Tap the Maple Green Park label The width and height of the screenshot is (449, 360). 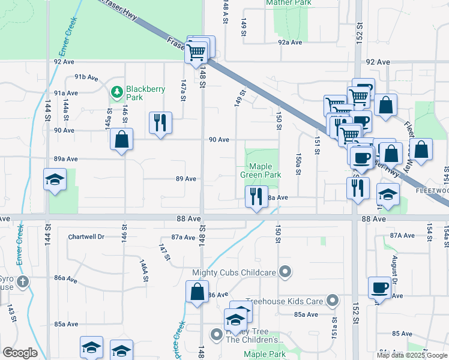261,171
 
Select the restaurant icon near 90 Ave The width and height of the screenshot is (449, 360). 160,122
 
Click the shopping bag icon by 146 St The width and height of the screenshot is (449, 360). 122,139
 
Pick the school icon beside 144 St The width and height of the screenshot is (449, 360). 55,179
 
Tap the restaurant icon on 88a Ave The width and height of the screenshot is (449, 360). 256,196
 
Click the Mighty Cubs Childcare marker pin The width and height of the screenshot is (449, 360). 286,272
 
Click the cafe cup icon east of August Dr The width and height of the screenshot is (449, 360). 379,287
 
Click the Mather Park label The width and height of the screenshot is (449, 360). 289,3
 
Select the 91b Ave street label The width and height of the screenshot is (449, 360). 86,77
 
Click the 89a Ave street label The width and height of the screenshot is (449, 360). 66,159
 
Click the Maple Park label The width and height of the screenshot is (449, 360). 265,355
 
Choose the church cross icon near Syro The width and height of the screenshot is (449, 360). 23,281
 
